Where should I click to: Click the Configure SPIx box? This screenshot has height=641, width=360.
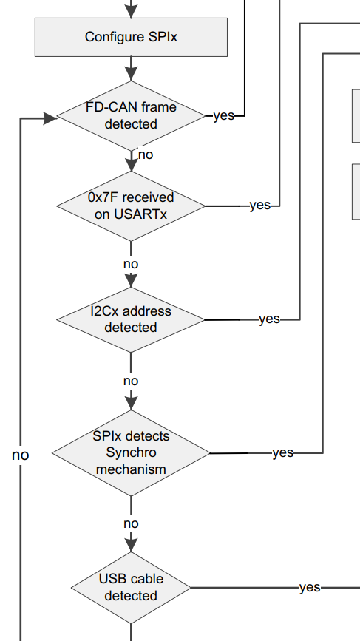[x=131, y=37]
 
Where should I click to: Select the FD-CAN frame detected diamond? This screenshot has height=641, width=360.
[x=131, y=115]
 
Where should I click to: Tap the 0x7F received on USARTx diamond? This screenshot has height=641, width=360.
[x=131, y=206]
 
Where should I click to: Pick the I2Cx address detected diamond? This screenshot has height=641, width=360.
[x=131, y=319]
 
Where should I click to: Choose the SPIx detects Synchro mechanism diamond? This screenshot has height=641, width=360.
[x=131, y=453]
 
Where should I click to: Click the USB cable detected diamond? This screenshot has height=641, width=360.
[x=131, y=588]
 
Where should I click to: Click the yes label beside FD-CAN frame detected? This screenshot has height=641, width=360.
[x=224, y=115]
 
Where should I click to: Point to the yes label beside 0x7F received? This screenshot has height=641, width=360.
[x=260, y=206]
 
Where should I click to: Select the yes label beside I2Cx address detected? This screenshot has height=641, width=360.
[x=270, y=319]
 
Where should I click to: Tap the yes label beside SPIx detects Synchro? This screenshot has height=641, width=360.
[x=283, y=452]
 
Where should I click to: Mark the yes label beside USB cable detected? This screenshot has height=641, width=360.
[x=310, y=588]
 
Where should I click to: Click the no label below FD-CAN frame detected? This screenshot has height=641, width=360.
[x=146, y=155]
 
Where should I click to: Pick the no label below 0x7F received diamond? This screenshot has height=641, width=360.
[x=131, y=265]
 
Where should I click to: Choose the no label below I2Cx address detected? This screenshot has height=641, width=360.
[x=131, y=381]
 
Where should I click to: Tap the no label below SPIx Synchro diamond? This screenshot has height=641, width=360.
[x=131, y=523]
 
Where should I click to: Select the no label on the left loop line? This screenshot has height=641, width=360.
[x=21, y=455]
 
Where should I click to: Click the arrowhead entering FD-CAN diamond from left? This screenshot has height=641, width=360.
[x=50, y=118]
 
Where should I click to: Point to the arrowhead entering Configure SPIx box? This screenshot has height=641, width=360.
[x=131, y=11]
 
